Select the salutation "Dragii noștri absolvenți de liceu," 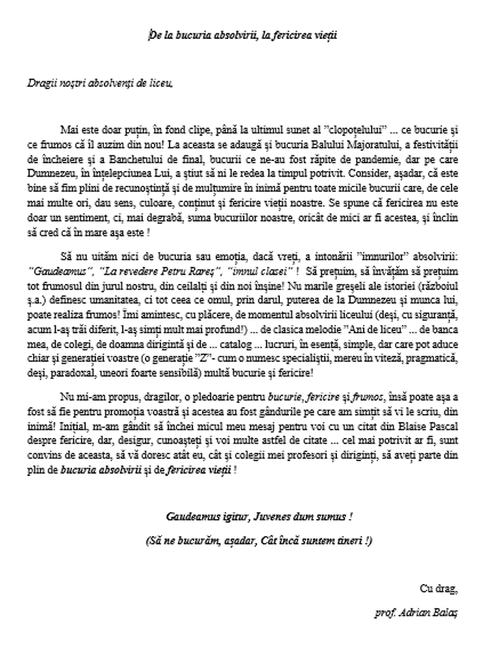point(98,83)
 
